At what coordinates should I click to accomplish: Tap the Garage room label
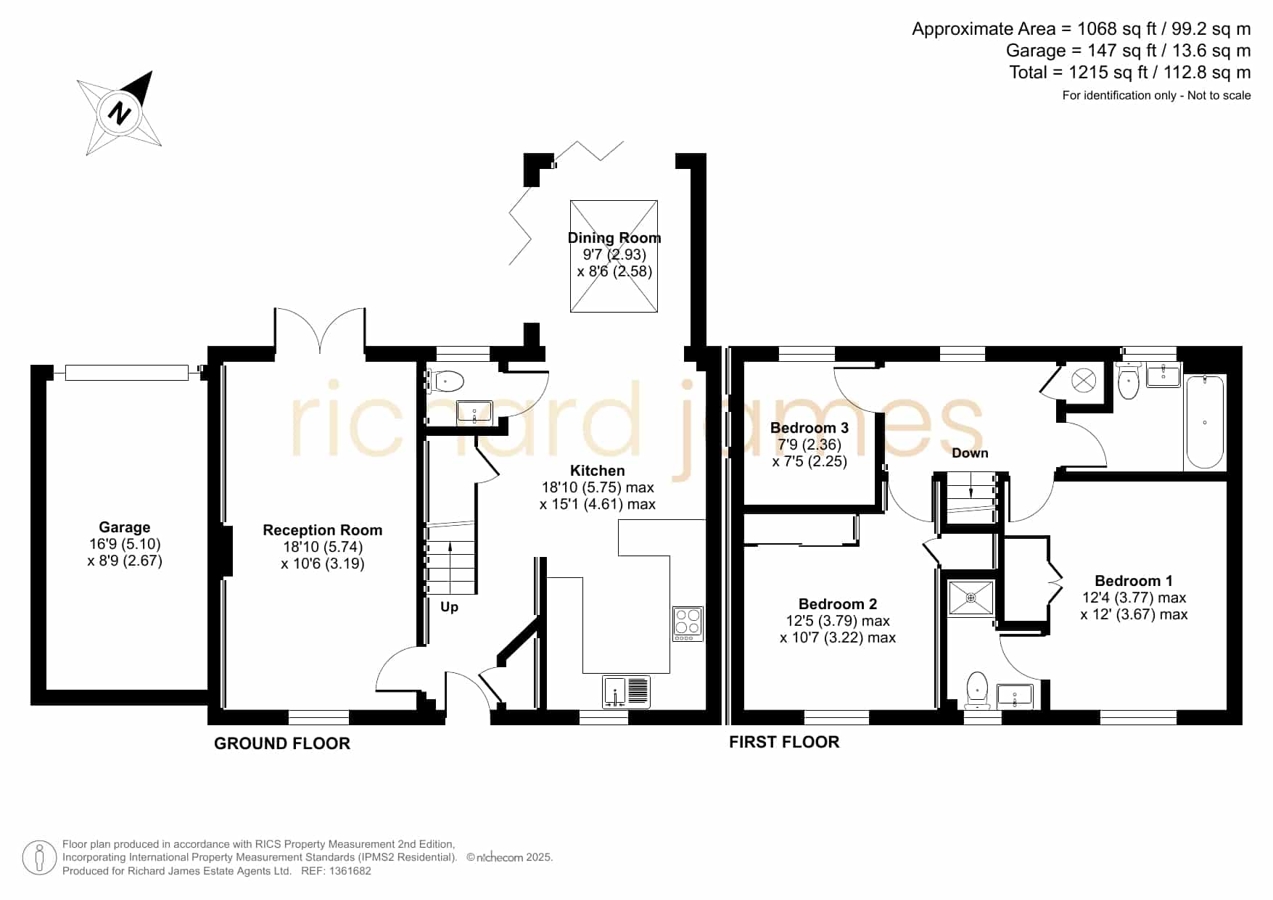pyautogui.click(x=125, y=527)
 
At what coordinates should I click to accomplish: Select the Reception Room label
pyautogui.click(x=322, y=530)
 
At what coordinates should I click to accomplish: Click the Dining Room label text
pyautogui.click(x=614, y=238)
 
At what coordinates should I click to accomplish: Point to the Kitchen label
pyautogui.click(x=598, y=471)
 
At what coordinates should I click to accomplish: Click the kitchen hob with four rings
pyautogui.click(x=688, y=624)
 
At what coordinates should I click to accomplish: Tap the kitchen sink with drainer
pyautogui.click(x=626, y=691)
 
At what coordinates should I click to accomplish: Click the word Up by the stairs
pyautogui.click(x=449, y=606)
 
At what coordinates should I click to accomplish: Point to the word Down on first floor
pyautogui.click(x=970, y=453)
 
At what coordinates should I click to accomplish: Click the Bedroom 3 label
pyautogui.click(x=809, y=428)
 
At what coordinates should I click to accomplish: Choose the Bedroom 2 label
pyautogui.click(x=838, y=604)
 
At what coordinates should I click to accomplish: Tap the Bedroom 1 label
pyautogui.click(x=1134, y=581)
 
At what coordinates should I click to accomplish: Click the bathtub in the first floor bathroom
pyautogui.click(x=1205, y=422)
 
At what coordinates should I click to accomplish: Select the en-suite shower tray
pyautogui.click(x=971, y=598)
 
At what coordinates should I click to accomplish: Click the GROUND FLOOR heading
pyautogui.click(x=282, y=743)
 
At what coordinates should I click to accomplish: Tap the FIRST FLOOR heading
pyautogui.click(x=784, y=742)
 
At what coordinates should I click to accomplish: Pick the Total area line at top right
pyautogui.click(x=1130, y=73)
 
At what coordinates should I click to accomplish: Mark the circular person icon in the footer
pyautogui.click(x=39, y=858)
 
